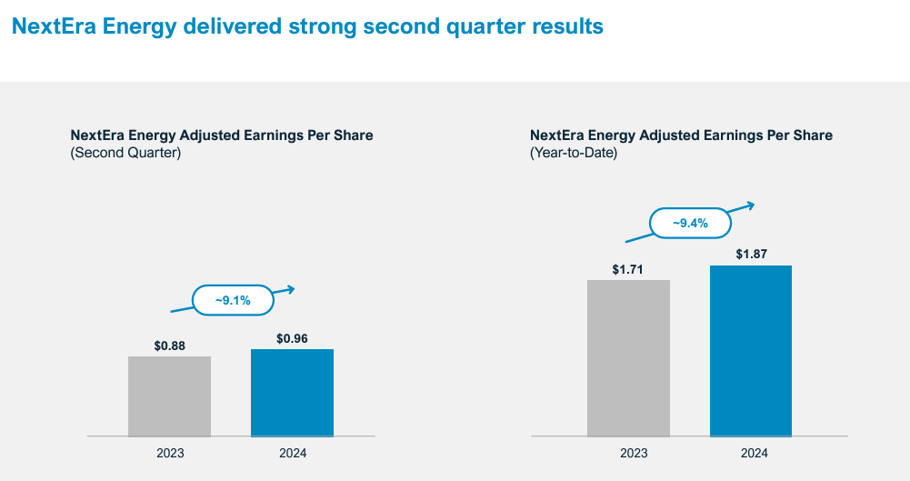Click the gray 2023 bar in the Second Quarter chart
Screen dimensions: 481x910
click(169, 396)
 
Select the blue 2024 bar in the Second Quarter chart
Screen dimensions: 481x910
click(292, 392)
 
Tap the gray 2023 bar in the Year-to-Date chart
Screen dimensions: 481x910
click(628, 357)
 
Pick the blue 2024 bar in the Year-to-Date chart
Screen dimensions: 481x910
click(751, 350)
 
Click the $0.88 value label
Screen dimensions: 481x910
click(169, 346)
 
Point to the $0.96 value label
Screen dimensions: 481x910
click(292, 338)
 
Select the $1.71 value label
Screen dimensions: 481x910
click(628, 269)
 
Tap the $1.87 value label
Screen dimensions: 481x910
click(751, 255)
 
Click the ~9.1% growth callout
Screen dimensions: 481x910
click(233, 300)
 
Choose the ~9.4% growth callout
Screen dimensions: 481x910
click(690, 222)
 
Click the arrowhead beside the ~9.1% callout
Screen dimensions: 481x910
click(291, 289)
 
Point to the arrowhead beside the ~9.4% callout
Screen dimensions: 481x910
click(750, 205)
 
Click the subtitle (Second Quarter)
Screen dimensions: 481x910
click(125, 153)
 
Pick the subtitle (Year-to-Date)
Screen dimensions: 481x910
click(574, 153)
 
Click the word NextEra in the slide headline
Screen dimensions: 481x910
click(51, 26)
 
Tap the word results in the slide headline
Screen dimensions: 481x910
click(568, 26)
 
